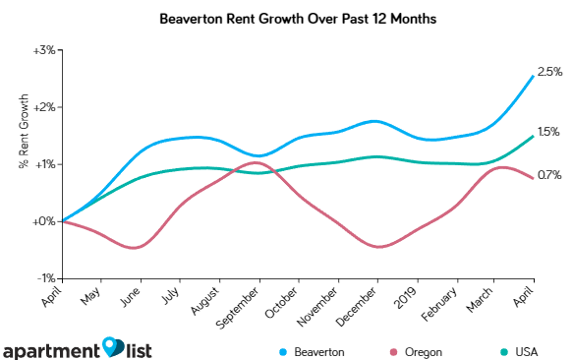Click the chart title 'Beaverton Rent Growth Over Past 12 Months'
click(286, 19)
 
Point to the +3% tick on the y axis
click(42, 49)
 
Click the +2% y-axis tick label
click(42, 106)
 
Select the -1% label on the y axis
click(43, 278)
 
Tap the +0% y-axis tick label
click(42, 221)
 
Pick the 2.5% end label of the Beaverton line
click(549, 72)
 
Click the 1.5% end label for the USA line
click(548, 131)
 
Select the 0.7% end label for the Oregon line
click(548, 175)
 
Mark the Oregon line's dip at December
click(376, 246)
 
